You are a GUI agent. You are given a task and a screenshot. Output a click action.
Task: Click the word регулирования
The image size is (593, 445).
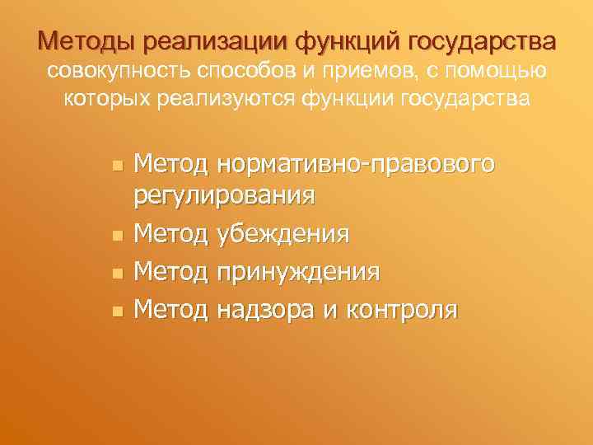(222, 196)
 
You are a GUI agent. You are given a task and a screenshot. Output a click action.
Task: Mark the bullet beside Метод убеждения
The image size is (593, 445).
(117, 237)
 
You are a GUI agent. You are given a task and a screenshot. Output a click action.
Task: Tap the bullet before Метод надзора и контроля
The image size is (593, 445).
(117, 311)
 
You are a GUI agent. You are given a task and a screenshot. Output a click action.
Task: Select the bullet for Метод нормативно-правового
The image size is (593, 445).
(117, 166)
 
